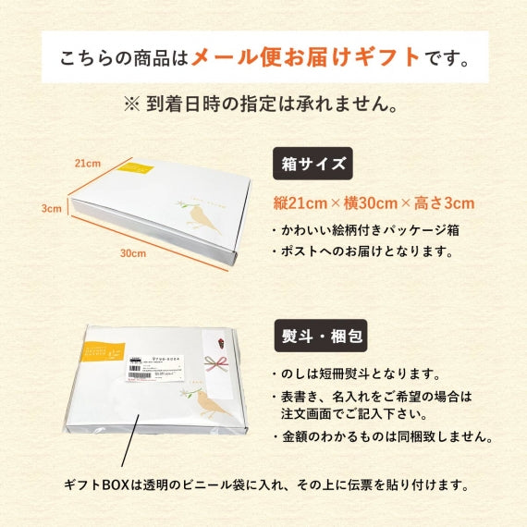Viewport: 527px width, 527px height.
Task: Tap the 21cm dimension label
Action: (x=87, y=164)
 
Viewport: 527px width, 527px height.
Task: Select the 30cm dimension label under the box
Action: (x=133, y=252)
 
